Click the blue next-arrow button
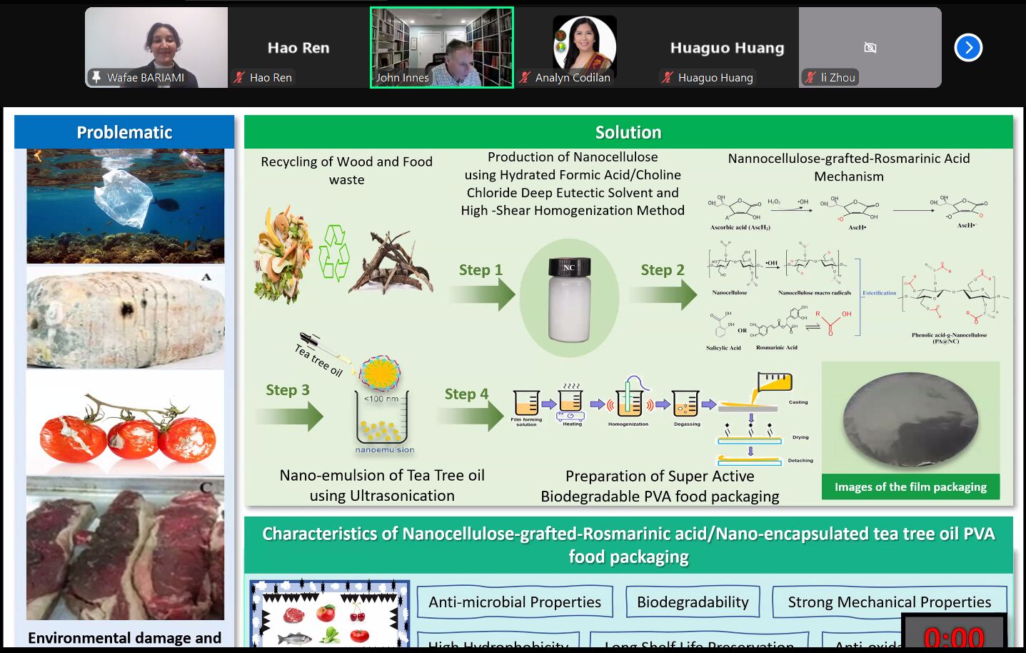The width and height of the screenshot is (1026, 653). pyautogui.click(x=968, y=48)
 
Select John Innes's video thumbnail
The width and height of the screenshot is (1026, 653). pyautogui.click(x=441, y=47)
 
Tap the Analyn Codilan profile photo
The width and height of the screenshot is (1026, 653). pyautogui.click(x=584, y=44)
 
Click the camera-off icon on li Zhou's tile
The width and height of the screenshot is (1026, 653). pyautogui.click(x=870, y=48)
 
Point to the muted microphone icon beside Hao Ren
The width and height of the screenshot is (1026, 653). pyautogui.click(x=239, y=77)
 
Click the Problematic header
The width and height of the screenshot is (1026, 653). pyautogui.click(x=124, y=132)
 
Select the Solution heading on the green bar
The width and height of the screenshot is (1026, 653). pyautogui.click(x=628, y=132)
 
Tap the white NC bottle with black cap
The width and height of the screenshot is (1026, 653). pyautogui.click(x=569, y=299)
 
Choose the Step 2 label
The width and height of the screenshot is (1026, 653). pyautogui.click(x=662, y=270)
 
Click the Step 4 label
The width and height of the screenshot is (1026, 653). pyautogui.click(x=466, y=394)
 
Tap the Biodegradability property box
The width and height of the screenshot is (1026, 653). pyautogui.click(x=693, y=602)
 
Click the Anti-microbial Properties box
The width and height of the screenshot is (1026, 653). pyautogui.click(x=514, y=602)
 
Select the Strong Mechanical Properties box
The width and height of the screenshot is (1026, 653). pyautogui.click(x=889, y=602)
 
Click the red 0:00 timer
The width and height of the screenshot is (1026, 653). pyautogui.click(x=954, y=637)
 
